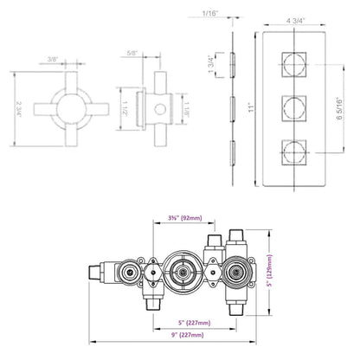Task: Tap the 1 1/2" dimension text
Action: [x=126, y=109]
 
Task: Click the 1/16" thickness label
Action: [x=209, y=15]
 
